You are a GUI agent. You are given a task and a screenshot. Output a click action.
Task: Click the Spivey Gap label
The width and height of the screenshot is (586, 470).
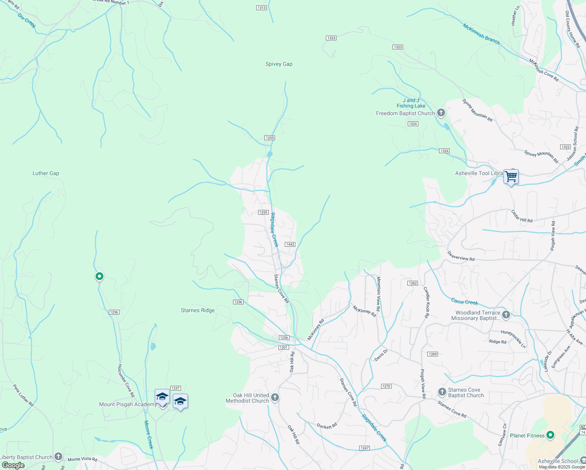(x=279, y=64)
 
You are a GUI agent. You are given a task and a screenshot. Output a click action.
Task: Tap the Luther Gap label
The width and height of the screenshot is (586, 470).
(x=46, y=173)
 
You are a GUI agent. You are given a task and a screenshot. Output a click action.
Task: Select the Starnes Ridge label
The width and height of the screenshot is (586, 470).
(x=198, y=310)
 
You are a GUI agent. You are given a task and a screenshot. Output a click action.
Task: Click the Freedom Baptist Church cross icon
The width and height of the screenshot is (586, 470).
(x=441, y=113)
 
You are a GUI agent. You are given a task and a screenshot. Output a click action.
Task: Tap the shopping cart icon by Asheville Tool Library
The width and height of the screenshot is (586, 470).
(x=511, y=177)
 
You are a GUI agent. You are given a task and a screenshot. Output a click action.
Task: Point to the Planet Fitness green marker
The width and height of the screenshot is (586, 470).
(x=550, y=435)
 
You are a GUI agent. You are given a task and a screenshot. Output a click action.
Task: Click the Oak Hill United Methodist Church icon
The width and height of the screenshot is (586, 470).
(x=275, y=398)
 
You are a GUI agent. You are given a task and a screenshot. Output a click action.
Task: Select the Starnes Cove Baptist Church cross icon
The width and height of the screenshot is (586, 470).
(x=442, y=392)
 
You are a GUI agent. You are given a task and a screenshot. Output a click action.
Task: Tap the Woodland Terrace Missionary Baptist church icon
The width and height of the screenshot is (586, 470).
(x=506, y=315)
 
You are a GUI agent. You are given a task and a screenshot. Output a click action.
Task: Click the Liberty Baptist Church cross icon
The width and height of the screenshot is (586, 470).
(x=58, y=457)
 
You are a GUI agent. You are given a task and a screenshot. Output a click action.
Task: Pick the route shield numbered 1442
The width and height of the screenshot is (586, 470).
(x=290, y=244)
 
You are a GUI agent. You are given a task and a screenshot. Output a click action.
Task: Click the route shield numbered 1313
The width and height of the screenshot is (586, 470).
(x=262, y=8)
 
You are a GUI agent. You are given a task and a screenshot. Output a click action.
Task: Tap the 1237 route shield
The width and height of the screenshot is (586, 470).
(x=175, y=388)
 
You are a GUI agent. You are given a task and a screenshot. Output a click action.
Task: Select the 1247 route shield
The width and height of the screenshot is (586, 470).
(x=364, y=448)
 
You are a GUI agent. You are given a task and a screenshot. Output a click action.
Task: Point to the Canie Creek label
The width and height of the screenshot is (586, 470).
(x=465, y=302)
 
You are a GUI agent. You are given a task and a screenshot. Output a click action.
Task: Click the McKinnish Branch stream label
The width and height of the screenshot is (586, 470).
(x=481, y=34)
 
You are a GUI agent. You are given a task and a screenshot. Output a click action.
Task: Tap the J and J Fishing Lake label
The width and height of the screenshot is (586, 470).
(x=411, y=103)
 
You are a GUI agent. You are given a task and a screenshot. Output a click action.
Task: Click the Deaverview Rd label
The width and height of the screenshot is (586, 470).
(x=461, y=256)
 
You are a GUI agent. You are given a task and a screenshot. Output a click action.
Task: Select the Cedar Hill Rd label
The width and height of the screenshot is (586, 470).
(x=522, y=216)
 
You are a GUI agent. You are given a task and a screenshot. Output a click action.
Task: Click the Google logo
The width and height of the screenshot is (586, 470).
(x=13, y=465)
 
